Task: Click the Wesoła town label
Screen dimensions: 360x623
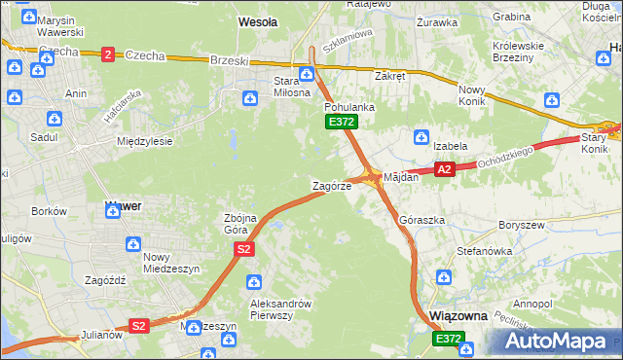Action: click(258, 20)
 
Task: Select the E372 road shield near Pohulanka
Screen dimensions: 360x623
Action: click(341, 122)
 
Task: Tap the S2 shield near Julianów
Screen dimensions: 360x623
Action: click(139, 326)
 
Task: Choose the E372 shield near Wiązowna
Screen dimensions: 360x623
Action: click(449, 338)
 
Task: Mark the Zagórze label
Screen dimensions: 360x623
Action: click(331, 185)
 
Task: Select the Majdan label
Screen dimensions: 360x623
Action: click(401, 178)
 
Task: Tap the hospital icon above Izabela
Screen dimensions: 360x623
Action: click(421, 136)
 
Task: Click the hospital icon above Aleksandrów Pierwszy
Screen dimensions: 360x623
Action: click(254, 282)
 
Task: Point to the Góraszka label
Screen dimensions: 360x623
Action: click(421, 221)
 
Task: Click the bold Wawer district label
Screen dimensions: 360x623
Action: click(123, 206)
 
